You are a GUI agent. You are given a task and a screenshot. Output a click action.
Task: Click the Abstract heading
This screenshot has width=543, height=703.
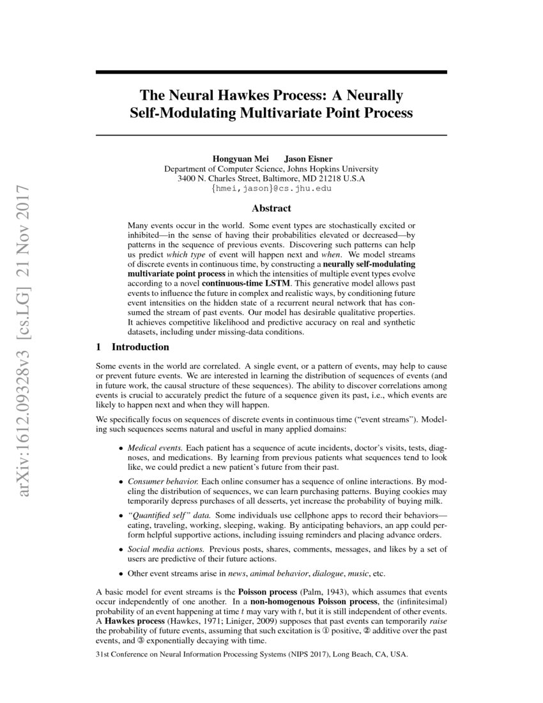click(x=271, y=208)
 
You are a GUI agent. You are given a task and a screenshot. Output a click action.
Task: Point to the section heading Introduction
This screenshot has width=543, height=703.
click(x=140, y=347)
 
